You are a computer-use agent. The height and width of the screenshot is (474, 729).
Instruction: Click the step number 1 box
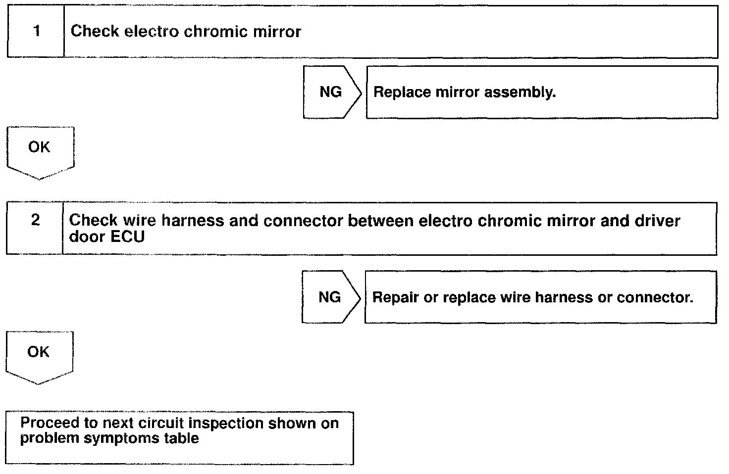point(36,31)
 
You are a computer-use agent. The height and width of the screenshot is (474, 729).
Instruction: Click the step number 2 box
point(35,228)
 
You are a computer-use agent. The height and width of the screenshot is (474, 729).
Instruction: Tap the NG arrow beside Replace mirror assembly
point(332,92)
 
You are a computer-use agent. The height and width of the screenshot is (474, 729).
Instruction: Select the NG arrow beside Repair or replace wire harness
point(331,297)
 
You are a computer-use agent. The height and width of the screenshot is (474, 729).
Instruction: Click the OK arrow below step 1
point(40,153)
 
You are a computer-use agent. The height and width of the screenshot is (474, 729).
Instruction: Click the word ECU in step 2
point(127,237)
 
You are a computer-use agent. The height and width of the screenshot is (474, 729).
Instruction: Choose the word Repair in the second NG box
point(395,298)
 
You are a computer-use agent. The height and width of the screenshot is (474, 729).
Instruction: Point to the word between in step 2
point(381,221)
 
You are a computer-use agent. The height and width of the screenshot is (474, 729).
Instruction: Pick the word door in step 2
point(87,237)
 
